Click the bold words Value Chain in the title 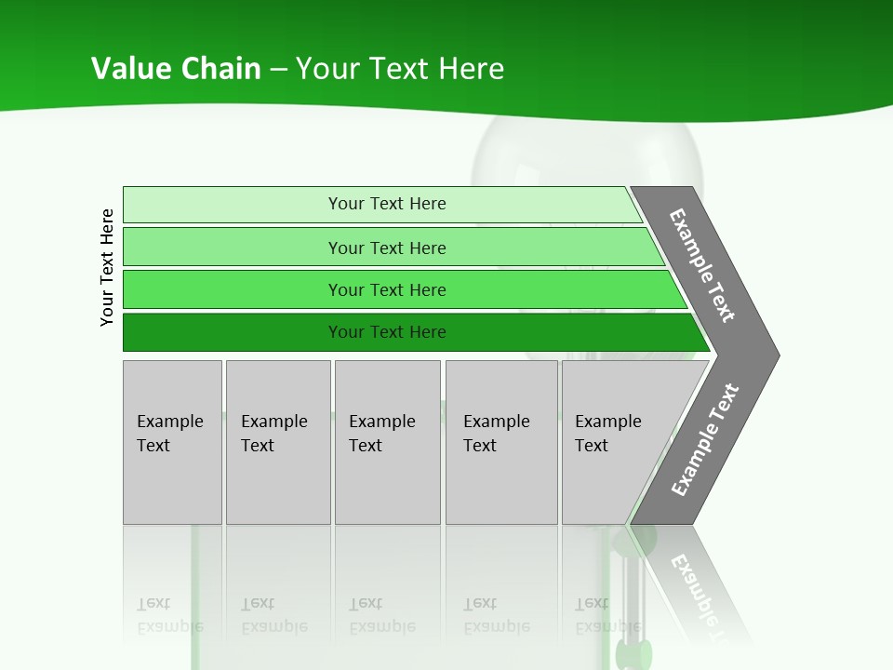click(176, 69)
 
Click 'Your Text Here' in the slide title click(400, 69)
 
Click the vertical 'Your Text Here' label click(107, 267)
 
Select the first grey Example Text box click(172, 442)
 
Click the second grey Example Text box click(278, 442)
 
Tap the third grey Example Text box click(387, 442)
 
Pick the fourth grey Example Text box click(501, 442)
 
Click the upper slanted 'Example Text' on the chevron click(702, 265)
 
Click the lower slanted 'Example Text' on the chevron click(704, 440)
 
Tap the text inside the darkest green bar click(387, 332)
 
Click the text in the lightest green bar click(387, 204)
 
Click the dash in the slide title click(278, 70)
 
